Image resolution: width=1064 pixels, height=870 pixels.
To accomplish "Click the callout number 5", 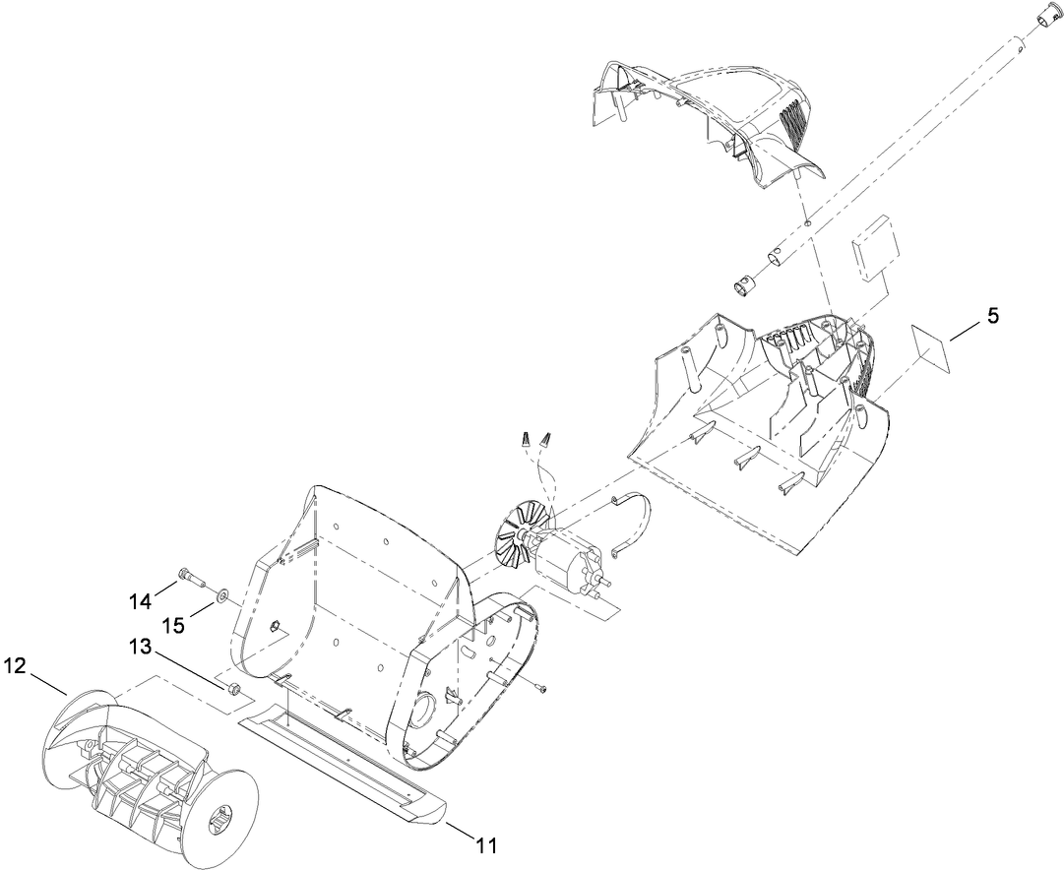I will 993,316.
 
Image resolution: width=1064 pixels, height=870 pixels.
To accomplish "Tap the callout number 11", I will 486,844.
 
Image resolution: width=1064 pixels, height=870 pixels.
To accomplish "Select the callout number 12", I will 14,666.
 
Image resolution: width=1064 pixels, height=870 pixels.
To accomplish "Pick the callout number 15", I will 172,623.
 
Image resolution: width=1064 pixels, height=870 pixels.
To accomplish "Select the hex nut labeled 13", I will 235,688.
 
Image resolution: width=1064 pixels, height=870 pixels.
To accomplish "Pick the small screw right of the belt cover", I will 541,686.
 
